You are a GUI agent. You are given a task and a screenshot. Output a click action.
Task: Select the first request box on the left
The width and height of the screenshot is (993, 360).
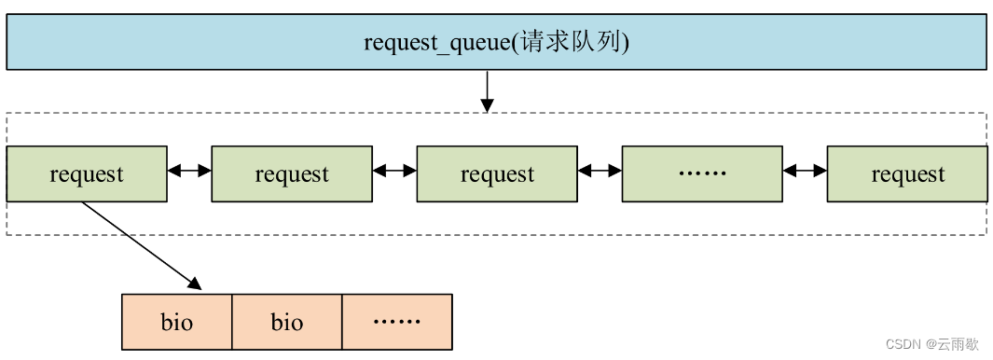click(x=87, y=173)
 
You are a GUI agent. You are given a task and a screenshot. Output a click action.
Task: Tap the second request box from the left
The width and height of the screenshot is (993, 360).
click(x=292, y=173)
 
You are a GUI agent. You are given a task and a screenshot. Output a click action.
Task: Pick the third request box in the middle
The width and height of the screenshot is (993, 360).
click(x=497, y=173)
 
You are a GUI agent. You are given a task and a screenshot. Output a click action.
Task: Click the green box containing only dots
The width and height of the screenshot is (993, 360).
click(x=702, y=173)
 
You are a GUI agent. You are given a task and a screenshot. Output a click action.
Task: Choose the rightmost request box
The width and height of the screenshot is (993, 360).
click(x=907, y=173)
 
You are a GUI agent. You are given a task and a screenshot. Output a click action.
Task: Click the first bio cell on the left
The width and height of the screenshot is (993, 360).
click(x=176, y=322)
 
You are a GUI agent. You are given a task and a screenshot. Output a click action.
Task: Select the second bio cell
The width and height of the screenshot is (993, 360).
click(x=287, y=322)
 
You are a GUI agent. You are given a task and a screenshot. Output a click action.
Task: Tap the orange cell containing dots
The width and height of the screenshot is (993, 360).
click(x=397, y=322)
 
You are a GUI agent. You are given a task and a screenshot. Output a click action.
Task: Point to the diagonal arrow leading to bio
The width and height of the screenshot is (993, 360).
click(x=141, y=244)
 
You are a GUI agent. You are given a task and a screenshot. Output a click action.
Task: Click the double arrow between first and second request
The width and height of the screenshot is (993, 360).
click(x=189, y=171)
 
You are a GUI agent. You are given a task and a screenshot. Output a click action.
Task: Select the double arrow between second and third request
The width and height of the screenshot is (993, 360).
click(x=394, y=171)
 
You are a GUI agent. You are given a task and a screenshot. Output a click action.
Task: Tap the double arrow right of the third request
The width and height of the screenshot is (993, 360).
click(x=600, y=171)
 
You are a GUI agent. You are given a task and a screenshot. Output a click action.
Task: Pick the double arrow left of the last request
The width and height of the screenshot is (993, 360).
click(x=806, y=171)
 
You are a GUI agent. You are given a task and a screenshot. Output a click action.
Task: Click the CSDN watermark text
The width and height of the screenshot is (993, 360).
click(x=903, y=344)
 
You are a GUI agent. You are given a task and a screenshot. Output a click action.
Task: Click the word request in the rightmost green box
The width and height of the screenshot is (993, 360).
click(x=907, y=174)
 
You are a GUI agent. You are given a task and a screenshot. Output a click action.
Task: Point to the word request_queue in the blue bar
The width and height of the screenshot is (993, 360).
click(x=435, y=43)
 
